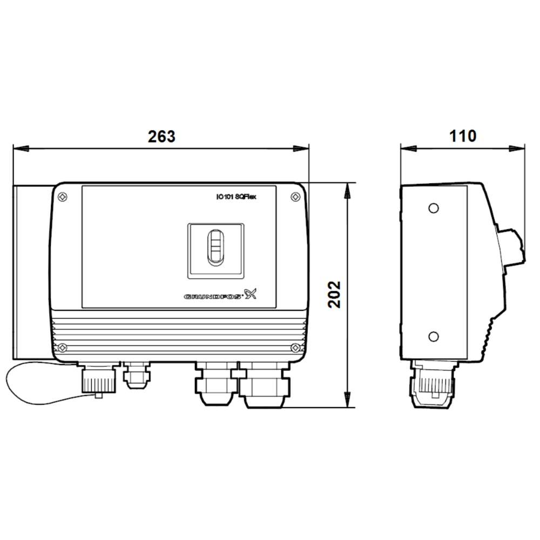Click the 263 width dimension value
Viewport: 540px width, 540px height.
pyautogui.click(x=161, y=137)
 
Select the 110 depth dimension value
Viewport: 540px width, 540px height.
pyautogui.click(x=463, y=136)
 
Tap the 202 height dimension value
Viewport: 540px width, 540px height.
pyautogui.click(x=335, y=294)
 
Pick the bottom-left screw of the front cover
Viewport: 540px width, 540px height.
pyautogui.click(x=63, y=347)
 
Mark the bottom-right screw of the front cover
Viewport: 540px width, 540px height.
pyautogui.click(x=296, y=347)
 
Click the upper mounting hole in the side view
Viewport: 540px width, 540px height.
pyautogui.click(x=433, y=208)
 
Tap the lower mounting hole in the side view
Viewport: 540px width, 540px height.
pyautogui.click(x=433, y=336)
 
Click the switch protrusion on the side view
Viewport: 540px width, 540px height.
pyautogui.click(x=513, y=248)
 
